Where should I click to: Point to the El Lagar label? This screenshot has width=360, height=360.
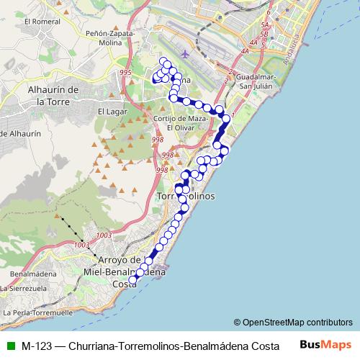[112, 112]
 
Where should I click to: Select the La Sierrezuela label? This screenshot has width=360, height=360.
[24, 289]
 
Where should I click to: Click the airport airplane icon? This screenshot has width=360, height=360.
[187, 54]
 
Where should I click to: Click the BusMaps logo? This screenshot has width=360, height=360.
[330, 345]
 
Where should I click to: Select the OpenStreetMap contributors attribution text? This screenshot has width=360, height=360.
[293, 323]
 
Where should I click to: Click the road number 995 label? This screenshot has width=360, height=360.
[126, 73]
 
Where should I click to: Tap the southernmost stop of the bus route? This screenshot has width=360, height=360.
[132, 281]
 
